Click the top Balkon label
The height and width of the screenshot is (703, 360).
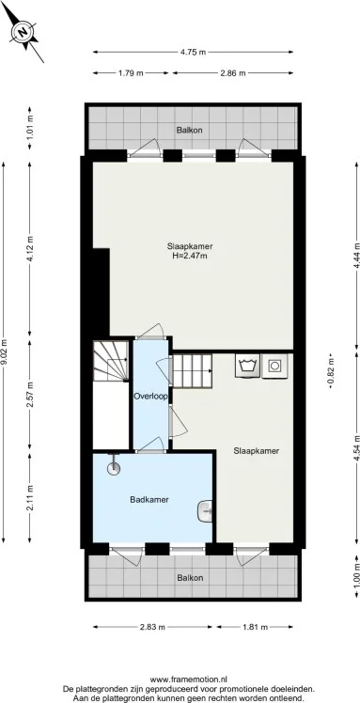(191, 130)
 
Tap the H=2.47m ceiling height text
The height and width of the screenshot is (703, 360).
(190, 256)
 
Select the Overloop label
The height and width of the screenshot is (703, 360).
(150, 397)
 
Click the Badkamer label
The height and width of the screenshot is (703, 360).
(149, 499)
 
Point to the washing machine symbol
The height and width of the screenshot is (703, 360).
(249, 366)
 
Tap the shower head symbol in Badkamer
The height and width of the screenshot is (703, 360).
(115, 462)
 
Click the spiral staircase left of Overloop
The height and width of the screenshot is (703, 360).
(111, 363)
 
